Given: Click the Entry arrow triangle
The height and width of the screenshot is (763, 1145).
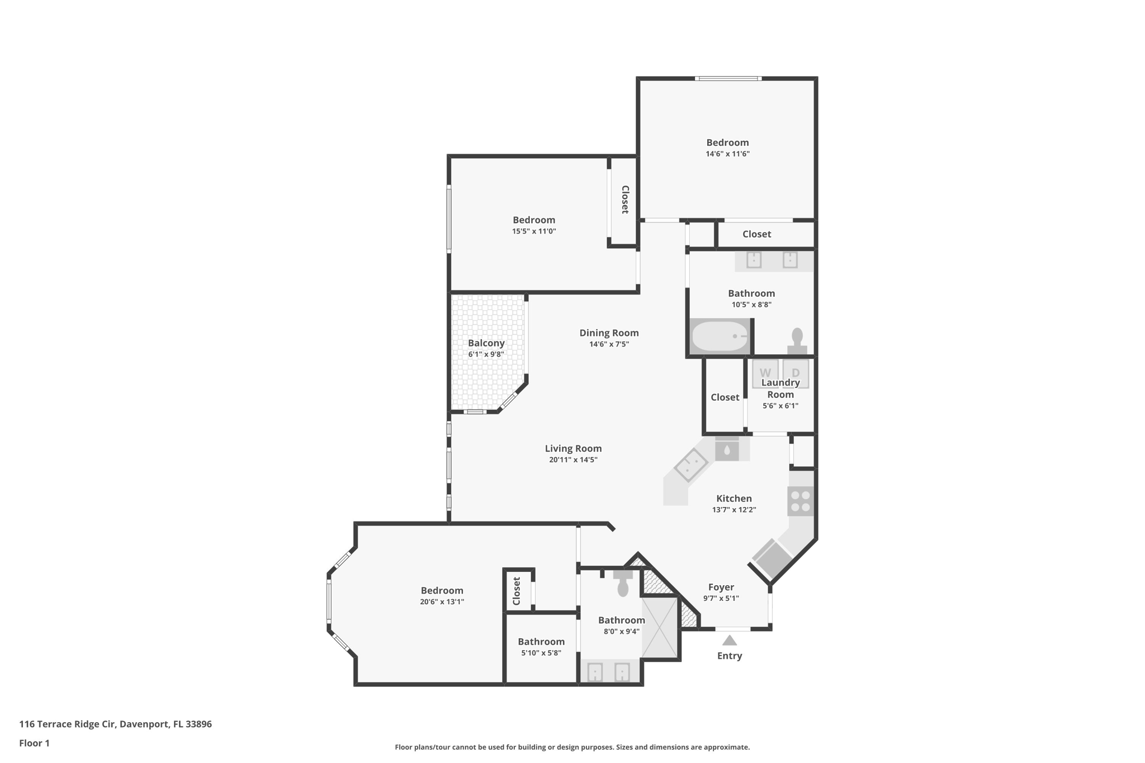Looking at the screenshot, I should tap(729, 641).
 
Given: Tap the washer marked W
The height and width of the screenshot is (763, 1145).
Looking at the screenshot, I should tap(765, 372).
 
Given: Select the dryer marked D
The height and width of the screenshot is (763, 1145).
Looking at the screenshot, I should tap(795, 372).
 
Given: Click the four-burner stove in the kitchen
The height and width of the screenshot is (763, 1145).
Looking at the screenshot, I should tap(800, 501).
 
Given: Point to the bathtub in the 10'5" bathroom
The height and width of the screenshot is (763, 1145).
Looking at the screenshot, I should tap(720, 336).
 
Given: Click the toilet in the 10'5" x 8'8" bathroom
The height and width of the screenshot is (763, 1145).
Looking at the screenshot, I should tap(797, 340).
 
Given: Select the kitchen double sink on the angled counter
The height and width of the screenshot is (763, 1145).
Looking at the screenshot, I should tap(691, 465).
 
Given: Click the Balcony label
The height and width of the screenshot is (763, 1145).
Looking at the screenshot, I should tap(486, 343).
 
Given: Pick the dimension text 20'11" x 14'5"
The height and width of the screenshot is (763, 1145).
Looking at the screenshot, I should tap(573, 460).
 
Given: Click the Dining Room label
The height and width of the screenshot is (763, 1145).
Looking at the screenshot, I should tap(609, 333).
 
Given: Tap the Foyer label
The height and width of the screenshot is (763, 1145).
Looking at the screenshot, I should tap(721, 587).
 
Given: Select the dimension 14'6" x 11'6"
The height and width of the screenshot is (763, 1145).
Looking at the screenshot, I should tap(727, 154).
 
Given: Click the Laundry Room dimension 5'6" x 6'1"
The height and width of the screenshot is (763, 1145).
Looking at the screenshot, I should tap(780, 406).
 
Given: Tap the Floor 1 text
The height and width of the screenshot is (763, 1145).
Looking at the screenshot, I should tap(34, 743).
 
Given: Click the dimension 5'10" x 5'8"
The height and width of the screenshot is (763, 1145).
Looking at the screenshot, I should tap(541, 653).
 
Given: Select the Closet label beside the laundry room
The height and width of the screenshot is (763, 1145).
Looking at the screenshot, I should tap(725, 397).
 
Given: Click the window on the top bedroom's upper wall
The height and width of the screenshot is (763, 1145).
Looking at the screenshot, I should tap(727, 79).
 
